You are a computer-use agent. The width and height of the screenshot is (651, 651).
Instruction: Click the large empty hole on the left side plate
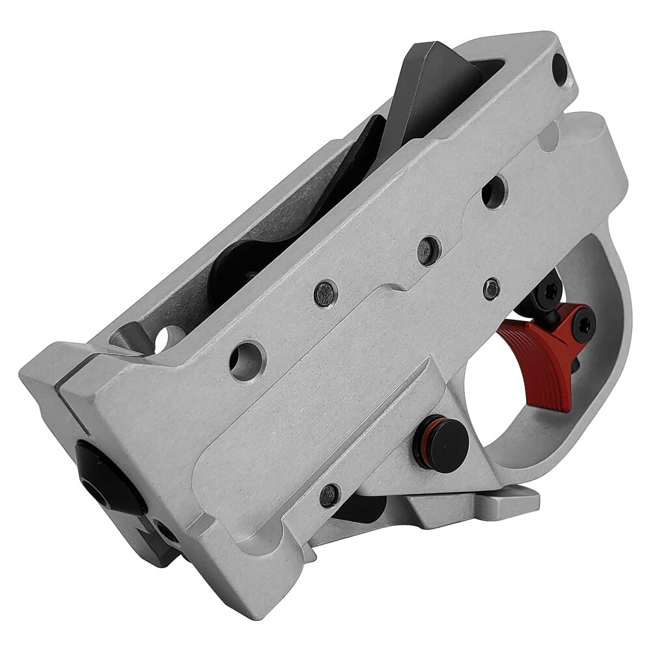coord(247,359)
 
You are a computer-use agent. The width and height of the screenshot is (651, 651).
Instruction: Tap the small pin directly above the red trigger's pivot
coord(491,288)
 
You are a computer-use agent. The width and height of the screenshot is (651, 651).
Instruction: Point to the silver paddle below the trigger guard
coord(501,505)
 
